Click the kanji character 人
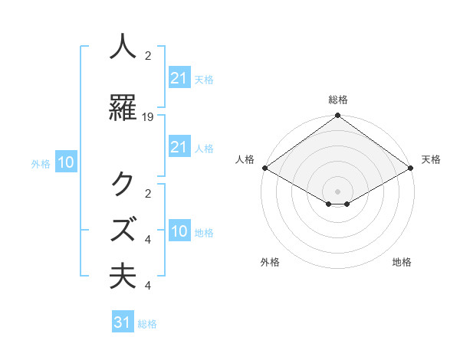pyautogui.click(x=123, y=47)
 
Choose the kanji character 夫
pyautogui.click(x=123, y=276)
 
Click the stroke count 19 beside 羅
pyautogui.click(x=148, y=116)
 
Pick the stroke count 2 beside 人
pyautogui.click(x=148, y=55)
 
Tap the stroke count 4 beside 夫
pyautogui.click(x=148, y=286)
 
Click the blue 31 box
pyautogui.click(x=123, y=322)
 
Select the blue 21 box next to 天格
pyautogui.click(x=179, y=77)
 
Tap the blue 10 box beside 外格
pyautogui.click(x=65, y=162)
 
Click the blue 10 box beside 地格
pyautogui.click(x=179, y=232)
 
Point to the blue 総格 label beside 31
pyautogui.click(x=147, y=324)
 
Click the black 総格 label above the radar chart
pyautogui.click(x=337, y=100)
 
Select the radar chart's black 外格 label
pyautogui.click(x=270, y=262)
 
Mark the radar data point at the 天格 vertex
pyautogui.click(x=411, y=168)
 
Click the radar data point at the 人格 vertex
pyautogui.click(x=264, y=168)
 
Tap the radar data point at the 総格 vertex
pyautogui.click(x=337, y=116)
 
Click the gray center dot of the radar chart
pyautogui.click(x=337, y=191)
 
